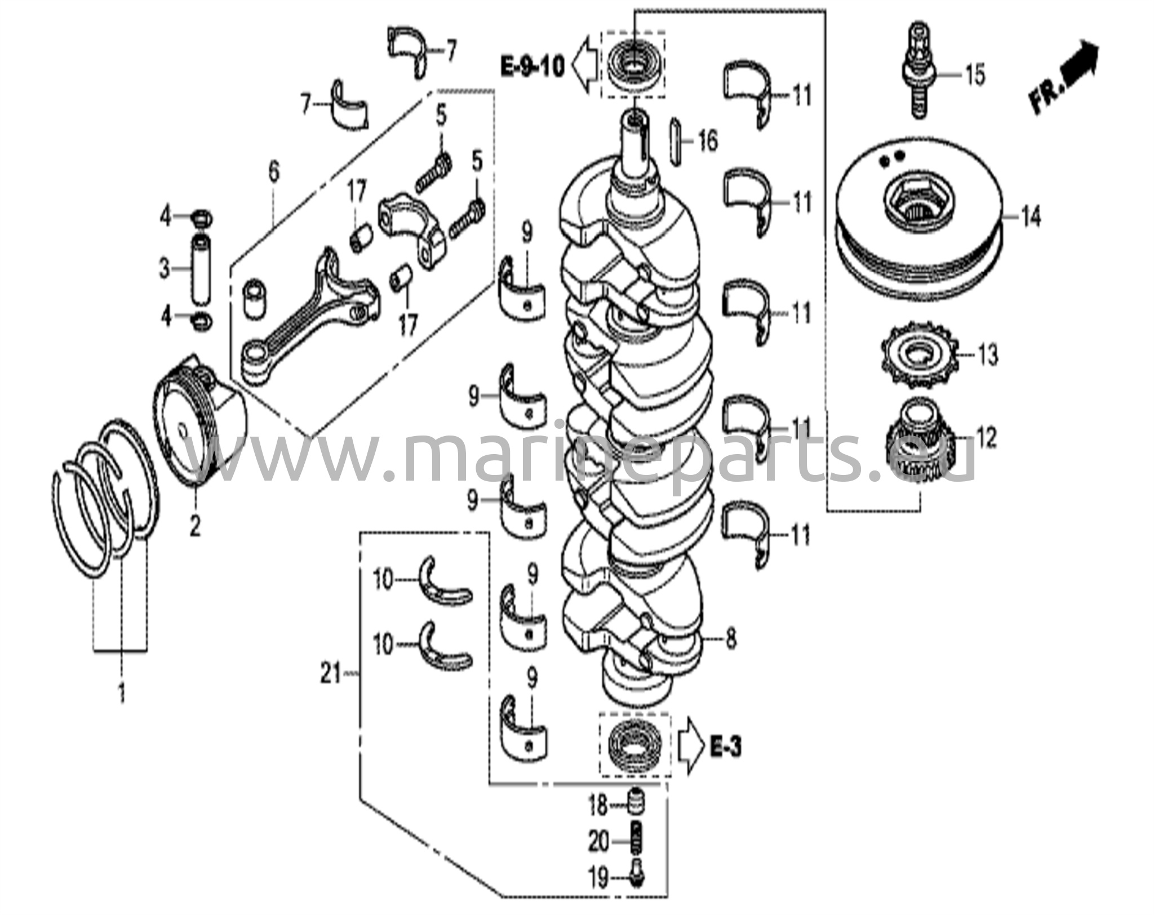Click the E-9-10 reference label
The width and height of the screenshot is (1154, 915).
tap(532, 68)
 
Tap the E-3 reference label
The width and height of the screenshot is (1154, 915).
tap(725, 748)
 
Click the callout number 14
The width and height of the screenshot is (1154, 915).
tap(1031, 217)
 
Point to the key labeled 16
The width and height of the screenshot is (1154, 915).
tap(678, 141)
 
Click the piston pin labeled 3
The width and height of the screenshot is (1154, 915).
tap(199, 269)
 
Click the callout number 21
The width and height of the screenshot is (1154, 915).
tap(331, 673)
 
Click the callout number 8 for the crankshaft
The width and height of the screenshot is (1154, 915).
tap(731, 639)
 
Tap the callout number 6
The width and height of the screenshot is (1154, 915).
tap(274, 172)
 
